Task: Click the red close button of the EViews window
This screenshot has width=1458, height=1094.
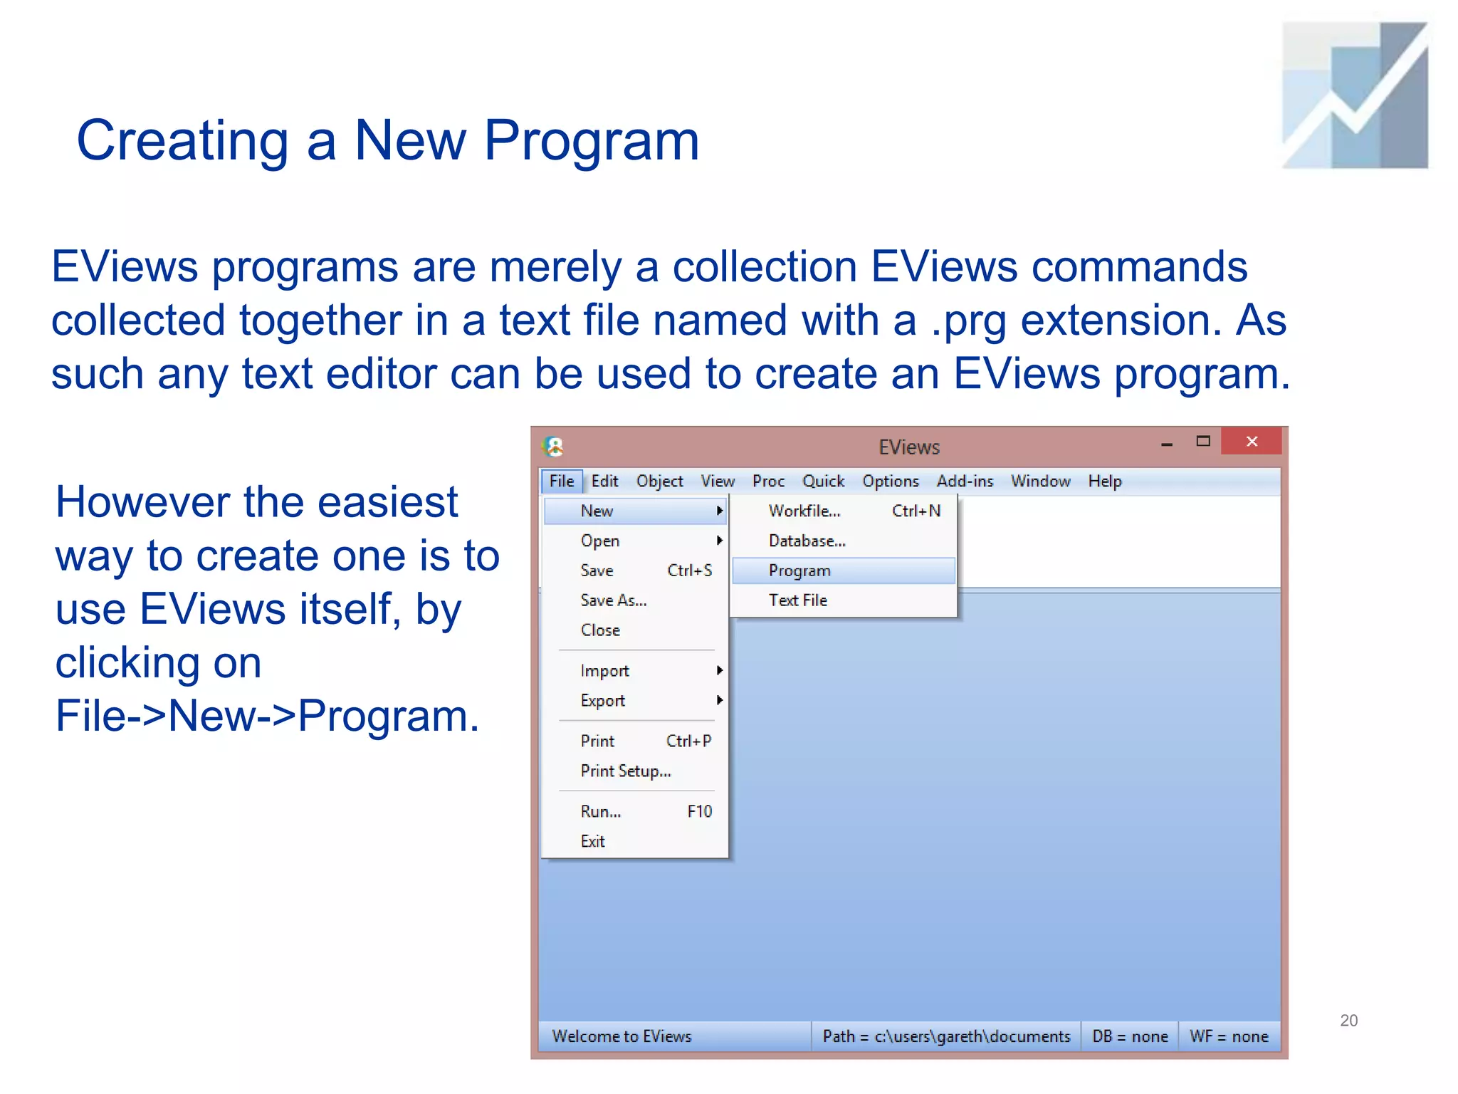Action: [x=1251, y=442]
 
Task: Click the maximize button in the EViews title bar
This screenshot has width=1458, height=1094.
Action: [x=1203, y=442]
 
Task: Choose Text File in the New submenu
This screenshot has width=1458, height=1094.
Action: [x=798, y=600]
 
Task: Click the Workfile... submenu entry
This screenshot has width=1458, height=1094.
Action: [x=804, y=511]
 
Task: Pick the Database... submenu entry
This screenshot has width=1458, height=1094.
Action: [x=807, y=541]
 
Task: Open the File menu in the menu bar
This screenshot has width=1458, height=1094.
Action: [x=561, y=481]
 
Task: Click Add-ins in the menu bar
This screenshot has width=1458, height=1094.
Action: [x=965, y=481]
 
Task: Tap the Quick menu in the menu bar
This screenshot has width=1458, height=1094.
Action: [x=823, y=481]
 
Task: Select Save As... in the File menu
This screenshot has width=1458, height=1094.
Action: [x=614, y=600]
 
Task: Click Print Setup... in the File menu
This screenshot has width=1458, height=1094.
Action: [x=626, y=771]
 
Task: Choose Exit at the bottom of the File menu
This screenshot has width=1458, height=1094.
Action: [x=592, y=841]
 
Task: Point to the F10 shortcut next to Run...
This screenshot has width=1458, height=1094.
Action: [x=699, y=811]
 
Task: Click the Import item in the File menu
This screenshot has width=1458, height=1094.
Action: [x=605, y=670]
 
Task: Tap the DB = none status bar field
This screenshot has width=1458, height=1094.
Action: [x=1130, y=1036]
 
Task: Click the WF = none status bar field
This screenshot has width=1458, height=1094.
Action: [x=1229, y=1036]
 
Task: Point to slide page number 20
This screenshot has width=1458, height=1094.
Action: [x=1348, y=1020]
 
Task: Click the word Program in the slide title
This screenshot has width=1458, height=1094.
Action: [x=591, y=141]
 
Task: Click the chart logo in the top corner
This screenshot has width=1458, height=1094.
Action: [x=1354, y=95]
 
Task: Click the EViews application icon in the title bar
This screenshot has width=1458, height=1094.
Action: [x=553, y=447]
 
